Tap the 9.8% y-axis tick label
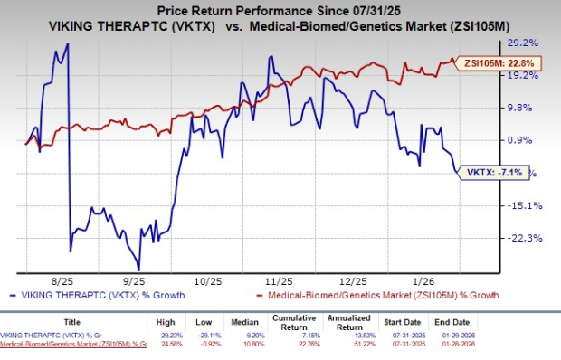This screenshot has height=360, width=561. click(522, 108)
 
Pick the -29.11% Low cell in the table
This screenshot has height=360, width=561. click(223, 335)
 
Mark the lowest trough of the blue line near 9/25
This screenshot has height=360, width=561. click(138, 270)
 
